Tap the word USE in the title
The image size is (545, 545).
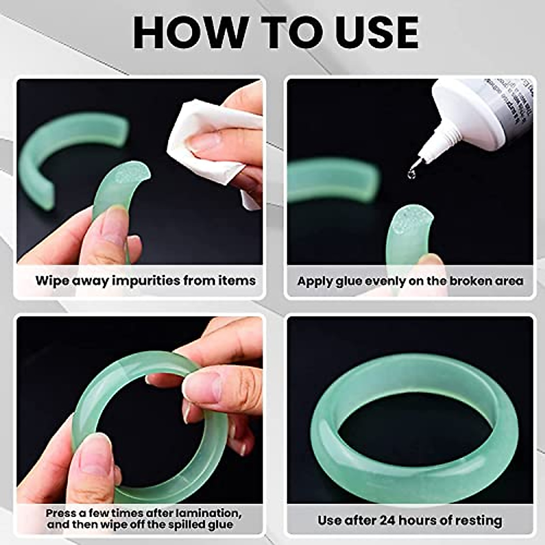coord(370,32)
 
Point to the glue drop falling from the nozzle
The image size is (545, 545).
coord(412,173)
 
